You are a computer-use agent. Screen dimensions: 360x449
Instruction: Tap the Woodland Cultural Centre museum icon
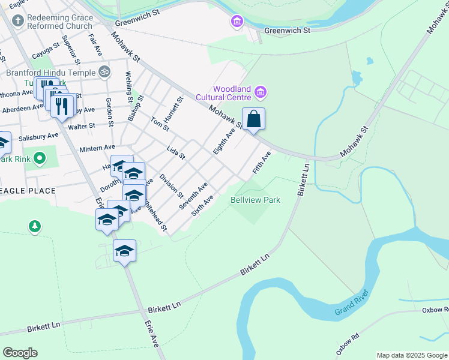click(261, 92)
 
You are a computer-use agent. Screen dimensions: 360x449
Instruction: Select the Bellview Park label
click(256, 200)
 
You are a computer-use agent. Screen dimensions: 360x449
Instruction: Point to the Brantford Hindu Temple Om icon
click(104, 72)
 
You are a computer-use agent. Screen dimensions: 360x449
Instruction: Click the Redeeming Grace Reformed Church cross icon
click(17, 22)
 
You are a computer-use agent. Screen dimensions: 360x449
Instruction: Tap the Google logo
click(20, 353)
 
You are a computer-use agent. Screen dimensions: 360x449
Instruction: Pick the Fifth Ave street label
click(262, 163)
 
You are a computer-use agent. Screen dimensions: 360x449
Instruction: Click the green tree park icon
click(35, 226)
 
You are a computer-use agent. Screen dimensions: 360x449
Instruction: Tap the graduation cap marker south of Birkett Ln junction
click(124, 251)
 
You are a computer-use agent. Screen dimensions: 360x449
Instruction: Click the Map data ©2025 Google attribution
click(412, 355)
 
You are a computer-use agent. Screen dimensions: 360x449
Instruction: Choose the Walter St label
click(82, 126)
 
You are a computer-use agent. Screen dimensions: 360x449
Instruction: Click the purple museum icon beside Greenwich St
click(237, 23)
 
